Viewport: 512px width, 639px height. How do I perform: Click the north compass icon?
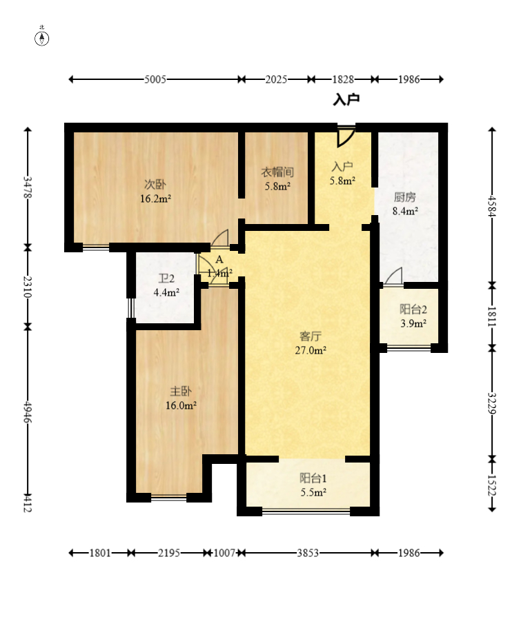(42, 37)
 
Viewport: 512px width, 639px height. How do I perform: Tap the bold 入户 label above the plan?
(346, 101)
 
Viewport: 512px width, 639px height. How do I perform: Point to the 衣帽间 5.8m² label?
(277, 179)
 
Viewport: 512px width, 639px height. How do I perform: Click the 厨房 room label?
(405, 195)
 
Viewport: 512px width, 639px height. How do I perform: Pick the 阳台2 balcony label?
(412, 310)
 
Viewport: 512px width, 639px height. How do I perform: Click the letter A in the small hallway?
(219, 260)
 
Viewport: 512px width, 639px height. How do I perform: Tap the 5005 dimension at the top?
(155, 79)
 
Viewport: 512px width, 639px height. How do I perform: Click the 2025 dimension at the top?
(276, 79)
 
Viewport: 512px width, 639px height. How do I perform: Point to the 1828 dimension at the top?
(342, 79)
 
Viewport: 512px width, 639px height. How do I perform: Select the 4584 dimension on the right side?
(492, 205)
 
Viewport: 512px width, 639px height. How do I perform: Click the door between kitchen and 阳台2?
(394, 276)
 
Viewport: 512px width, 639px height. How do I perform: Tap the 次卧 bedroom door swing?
(221, 238)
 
